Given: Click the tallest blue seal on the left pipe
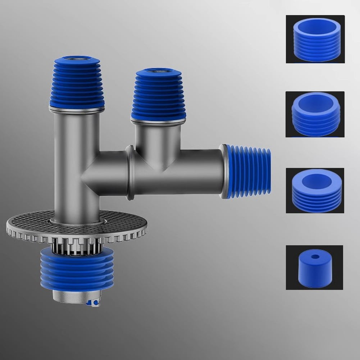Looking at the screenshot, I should pos(77,83).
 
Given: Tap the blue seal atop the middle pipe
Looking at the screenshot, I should pos(159,95).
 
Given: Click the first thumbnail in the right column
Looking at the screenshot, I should pos(315,39).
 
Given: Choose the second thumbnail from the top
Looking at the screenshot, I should pos(315,114).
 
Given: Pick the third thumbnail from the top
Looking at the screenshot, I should pos(315,190).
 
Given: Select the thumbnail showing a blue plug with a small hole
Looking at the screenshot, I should pos(314,267).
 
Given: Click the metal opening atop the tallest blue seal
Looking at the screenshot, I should pos(76,57).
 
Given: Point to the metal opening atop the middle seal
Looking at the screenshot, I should pos(158,70).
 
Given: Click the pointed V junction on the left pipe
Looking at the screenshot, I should pos(86,175).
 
